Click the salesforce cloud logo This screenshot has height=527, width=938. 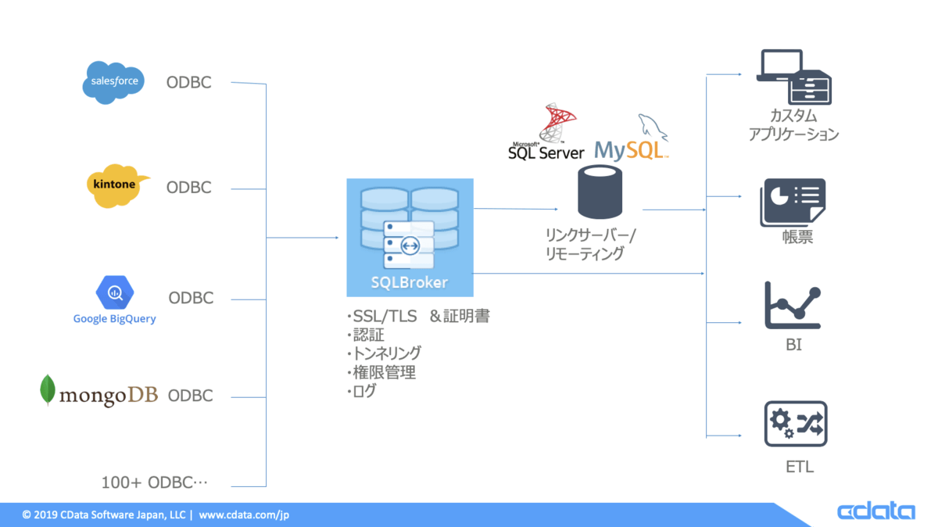click(x=114, y=81)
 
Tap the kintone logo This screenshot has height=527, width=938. click(x=114, y=186)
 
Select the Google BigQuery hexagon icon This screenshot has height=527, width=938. click(x=115, y=293)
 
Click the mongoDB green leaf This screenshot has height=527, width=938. click(x=48, y=391)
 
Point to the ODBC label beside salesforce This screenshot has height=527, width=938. click(x=188, y=82)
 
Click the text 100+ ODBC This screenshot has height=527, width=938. click(x=155, y=482)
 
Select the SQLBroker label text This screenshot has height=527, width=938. click(x=410, y=281)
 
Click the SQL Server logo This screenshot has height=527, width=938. click(x=546, y=133)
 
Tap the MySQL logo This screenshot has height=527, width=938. click(x=632, y=141)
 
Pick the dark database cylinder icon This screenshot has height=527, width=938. click(x=600, y=192)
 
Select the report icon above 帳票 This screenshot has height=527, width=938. click(x=793, y=203)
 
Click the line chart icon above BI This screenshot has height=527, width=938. click(x=793, y=306)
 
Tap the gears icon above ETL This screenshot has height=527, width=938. click(x=795, y=424)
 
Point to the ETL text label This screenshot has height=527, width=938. click(x=800, y=468)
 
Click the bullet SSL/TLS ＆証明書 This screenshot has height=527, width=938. click(x=418, y=317)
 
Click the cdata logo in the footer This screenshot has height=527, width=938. click(x=875, y=511)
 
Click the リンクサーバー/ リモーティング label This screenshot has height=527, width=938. click(x=592, y=244)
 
